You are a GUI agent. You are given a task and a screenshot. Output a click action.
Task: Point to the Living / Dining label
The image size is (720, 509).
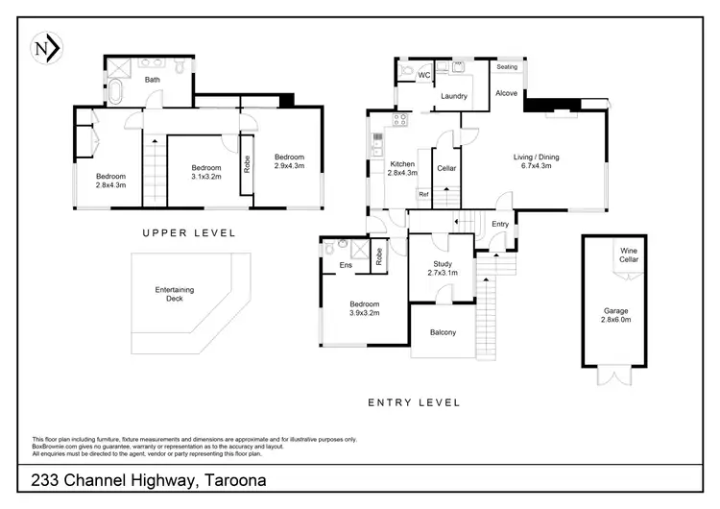536,162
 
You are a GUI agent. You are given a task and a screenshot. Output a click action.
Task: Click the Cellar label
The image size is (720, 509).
445,169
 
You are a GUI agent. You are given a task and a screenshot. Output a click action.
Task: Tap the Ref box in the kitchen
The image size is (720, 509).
422,194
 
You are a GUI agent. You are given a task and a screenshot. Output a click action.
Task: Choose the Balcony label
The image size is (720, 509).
443,332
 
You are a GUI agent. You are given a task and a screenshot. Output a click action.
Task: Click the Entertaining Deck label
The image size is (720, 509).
175,294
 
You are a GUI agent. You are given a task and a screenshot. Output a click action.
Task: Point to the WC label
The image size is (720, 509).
422,75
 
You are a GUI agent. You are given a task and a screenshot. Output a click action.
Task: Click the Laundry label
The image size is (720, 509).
453,96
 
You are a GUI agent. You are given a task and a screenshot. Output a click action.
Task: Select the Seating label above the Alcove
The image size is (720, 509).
507,66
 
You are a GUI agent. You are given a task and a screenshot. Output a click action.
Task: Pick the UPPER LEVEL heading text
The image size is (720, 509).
188,233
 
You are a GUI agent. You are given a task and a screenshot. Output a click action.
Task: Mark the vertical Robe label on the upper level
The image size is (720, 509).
246,163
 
